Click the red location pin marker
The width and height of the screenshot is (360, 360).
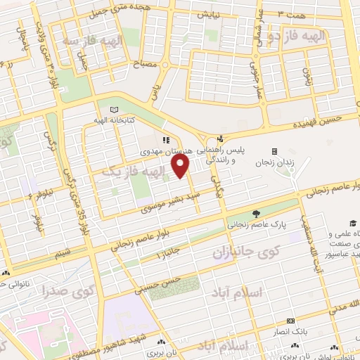coord(181,167)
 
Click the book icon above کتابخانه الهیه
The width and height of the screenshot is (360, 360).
coord(115,110)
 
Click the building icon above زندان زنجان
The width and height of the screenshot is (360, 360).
coord(274,151)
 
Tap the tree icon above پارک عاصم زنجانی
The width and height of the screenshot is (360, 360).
coord(255,214)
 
